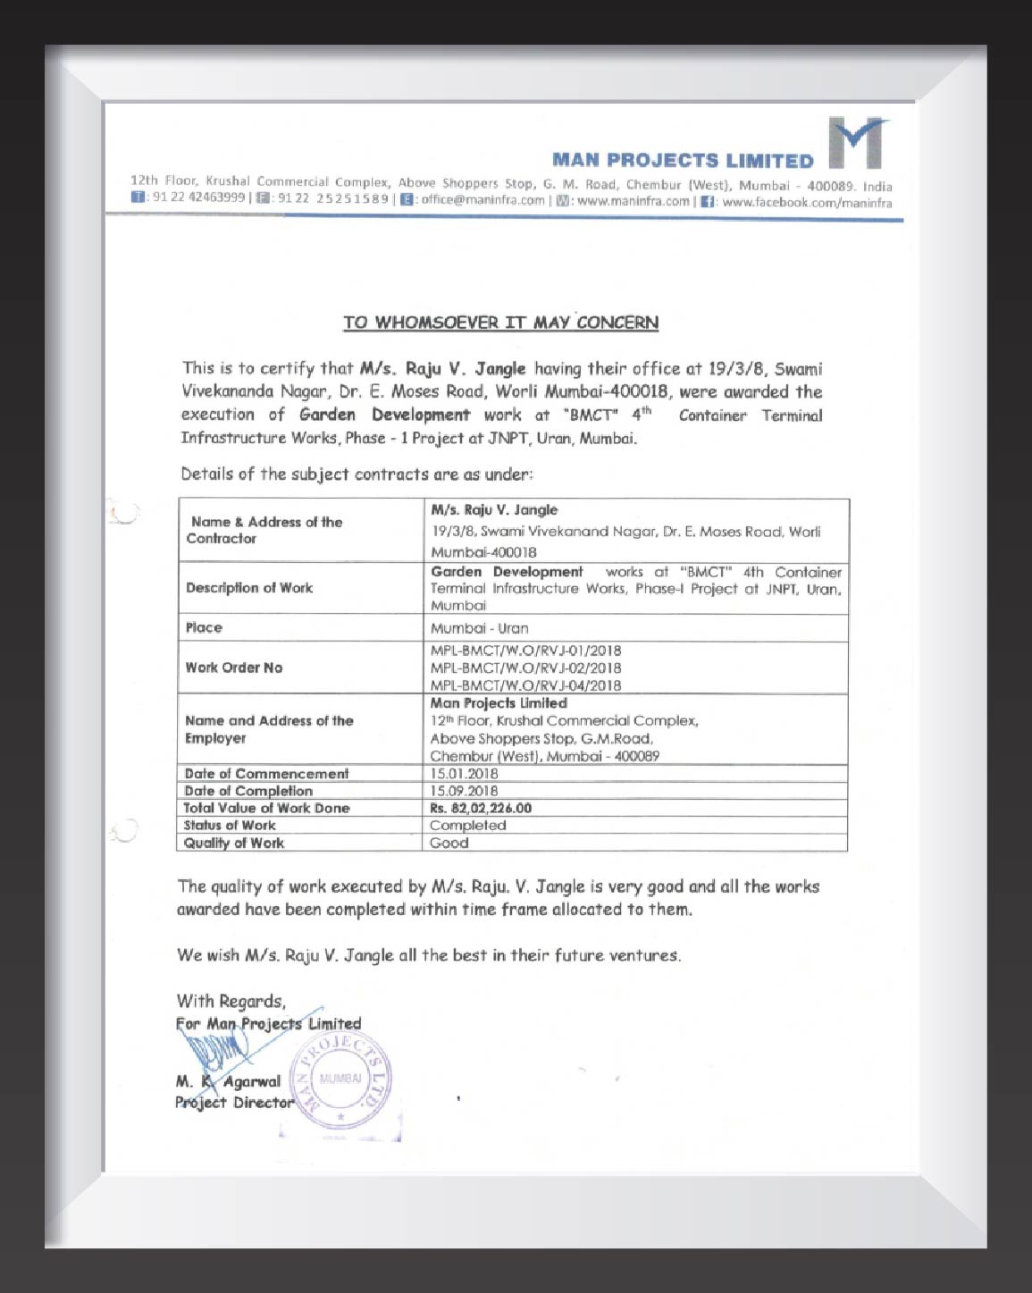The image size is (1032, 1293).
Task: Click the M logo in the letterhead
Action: tap(857, 142)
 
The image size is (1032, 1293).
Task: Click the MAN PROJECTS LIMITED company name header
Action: tap(683, 161)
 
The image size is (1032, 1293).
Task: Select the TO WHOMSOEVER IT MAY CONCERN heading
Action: tap(500, 323)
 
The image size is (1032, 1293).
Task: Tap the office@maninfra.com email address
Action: tap(482, 200)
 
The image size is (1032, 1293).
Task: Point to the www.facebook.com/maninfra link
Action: tap(806, 203)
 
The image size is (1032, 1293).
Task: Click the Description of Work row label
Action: tap(249, 588)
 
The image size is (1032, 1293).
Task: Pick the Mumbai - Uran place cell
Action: tap(479, 628)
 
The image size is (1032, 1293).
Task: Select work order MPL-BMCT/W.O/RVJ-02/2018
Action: tap(525, 667)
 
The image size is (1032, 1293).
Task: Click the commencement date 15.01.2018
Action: tap(464, 774)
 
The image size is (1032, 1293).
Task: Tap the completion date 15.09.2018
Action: tap(464, 791)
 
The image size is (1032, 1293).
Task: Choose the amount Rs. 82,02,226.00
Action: tap(481, 808)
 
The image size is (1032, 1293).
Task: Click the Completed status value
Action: tap(467, 826)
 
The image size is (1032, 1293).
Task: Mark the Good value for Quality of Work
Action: tap(449, 843)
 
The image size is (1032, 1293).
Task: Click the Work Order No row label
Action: tap(233, 667)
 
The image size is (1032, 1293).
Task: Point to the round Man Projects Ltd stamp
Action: tap(340, 1080)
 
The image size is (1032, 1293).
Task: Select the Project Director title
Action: tap(234, 1103)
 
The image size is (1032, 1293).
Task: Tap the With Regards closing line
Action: tap(231, 1001)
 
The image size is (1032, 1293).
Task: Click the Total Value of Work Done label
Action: tap(266, 808)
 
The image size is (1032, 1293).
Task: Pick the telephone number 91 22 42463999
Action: tap(197, 197)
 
